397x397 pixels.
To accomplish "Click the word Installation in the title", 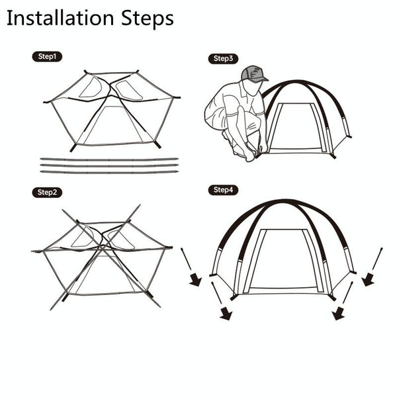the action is [60, 18].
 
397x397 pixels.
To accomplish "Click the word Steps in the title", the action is [148, 19].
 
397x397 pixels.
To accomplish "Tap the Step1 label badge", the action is [47, 56].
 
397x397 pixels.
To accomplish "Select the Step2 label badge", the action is [47, 193].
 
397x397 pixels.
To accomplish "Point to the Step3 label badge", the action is [223, 59].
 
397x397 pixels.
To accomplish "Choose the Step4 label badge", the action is [223, 190].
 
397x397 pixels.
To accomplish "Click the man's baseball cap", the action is [254, 73].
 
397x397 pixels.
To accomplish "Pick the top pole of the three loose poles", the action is [109, 159].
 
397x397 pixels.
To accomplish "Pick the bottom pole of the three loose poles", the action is [109, 172].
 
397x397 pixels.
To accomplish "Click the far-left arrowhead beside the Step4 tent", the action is [196, 279].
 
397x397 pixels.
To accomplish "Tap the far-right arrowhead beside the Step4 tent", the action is [368, 279].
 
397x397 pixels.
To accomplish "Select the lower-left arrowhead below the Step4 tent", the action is [226, 314].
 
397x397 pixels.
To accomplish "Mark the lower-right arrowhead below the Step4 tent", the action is [339, 314].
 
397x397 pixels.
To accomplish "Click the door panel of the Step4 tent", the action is [284, 259].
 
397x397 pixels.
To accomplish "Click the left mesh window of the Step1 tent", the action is [91, 87].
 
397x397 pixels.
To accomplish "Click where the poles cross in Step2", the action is [102, 247].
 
